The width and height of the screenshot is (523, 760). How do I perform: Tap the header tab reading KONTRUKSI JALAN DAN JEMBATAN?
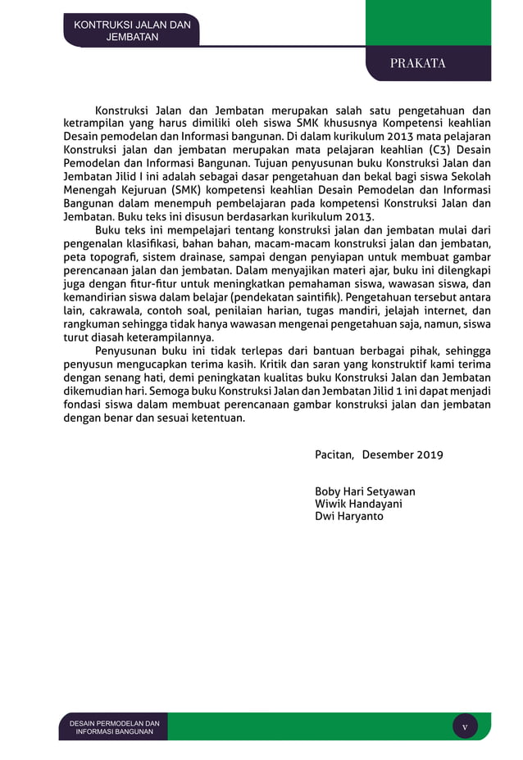pos(132,31)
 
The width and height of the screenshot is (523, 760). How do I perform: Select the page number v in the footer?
pos(465,726)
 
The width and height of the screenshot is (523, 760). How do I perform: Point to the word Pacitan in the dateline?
pos(333,454)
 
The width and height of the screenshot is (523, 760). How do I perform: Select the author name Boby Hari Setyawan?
pos(365,491)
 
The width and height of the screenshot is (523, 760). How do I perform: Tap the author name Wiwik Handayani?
pos(358,504)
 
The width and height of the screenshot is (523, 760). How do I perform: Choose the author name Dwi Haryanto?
pos(348,516)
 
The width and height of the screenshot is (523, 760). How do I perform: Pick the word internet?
pos(445,310)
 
